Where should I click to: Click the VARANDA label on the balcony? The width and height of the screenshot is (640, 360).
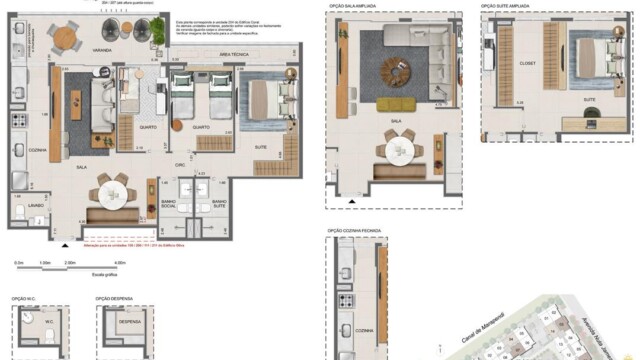102,49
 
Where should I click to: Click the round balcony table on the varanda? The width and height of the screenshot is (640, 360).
64,37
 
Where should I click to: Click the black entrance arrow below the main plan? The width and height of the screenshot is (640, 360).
66,244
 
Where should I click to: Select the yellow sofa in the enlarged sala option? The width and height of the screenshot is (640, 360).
396,104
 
